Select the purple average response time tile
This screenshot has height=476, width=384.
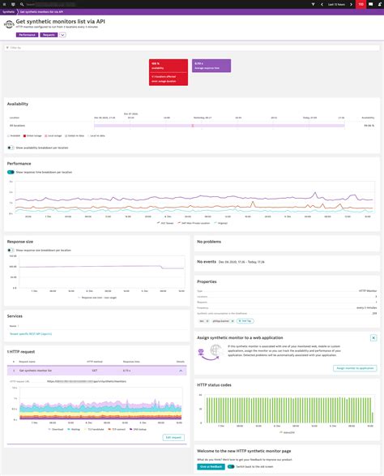211,68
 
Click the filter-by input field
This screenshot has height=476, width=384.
192,48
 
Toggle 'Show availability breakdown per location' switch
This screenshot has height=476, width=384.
11,148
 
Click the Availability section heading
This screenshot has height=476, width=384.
18,104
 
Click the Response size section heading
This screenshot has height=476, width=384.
21,242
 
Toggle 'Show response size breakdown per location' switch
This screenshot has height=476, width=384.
11,251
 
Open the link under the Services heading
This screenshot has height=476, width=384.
31,333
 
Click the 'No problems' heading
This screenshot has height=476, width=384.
212,242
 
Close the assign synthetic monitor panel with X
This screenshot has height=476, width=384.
373,337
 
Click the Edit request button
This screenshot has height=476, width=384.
174,436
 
